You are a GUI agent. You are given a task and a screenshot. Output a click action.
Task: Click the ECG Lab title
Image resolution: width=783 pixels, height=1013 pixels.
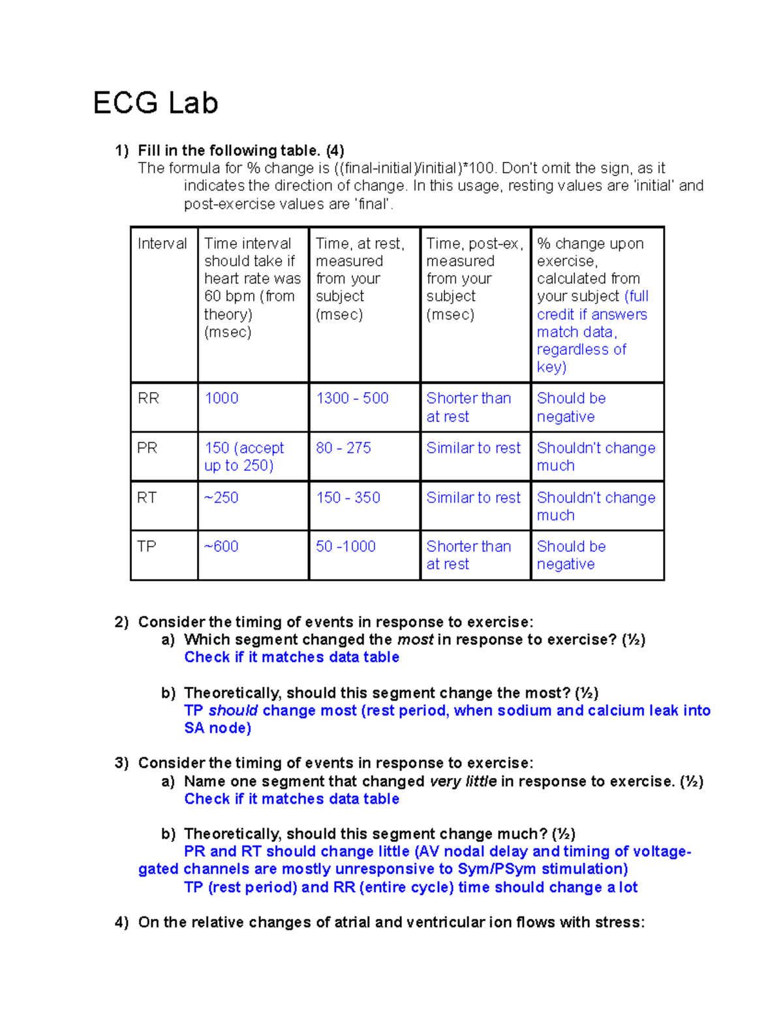[155, 103]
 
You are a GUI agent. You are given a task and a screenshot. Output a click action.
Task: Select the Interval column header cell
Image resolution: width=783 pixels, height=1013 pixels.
[162, 243]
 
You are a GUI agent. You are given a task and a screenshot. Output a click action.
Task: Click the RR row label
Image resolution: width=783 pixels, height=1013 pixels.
[148, 399]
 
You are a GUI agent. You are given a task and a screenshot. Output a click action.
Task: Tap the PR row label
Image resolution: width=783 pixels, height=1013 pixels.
[147, 448]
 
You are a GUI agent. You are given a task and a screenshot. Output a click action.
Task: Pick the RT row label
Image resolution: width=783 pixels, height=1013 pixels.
[147, 498]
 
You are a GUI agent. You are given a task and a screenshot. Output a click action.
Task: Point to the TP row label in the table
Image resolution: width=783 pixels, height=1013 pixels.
[147, 547]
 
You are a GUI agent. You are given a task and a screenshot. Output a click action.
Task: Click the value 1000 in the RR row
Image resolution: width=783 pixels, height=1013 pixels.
[221, 399]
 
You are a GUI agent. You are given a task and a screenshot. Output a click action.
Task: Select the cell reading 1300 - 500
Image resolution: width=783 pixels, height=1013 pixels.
[352, 399]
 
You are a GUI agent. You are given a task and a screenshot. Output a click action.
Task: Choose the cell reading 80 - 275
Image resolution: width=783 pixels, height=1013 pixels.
[343, 448]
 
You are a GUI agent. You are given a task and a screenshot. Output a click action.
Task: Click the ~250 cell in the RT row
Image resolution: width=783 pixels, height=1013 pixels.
[221, 498]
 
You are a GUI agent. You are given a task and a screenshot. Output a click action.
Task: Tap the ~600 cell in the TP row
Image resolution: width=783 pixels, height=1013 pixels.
[221, 547]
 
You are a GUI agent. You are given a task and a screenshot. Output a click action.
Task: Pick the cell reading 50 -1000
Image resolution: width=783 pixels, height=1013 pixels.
[346, 547]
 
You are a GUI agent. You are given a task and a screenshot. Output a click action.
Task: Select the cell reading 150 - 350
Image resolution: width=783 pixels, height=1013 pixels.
[348, 498]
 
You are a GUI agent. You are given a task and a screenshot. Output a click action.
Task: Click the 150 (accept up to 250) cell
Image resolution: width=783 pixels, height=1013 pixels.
[244, 457]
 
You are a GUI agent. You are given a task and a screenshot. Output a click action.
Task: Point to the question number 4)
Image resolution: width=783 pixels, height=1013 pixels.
[121, 922]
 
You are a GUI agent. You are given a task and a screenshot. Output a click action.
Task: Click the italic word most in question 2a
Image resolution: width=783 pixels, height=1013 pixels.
[415, 640]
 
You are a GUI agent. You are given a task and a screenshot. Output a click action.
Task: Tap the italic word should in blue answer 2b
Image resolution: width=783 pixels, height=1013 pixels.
[233, 710]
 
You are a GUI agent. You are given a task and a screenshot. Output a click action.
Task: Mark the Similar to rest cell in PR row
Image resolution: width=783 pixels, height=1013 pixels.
[473, 448]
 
